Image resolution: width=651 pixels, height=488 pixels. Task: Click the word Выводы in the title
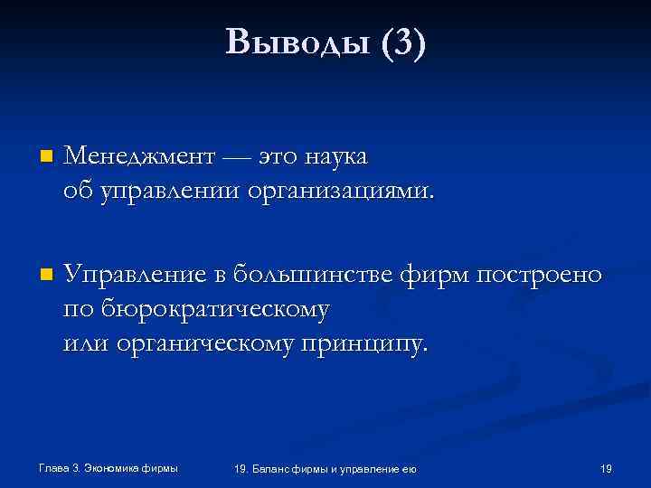pyautogui.click(x=296, y=42)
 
